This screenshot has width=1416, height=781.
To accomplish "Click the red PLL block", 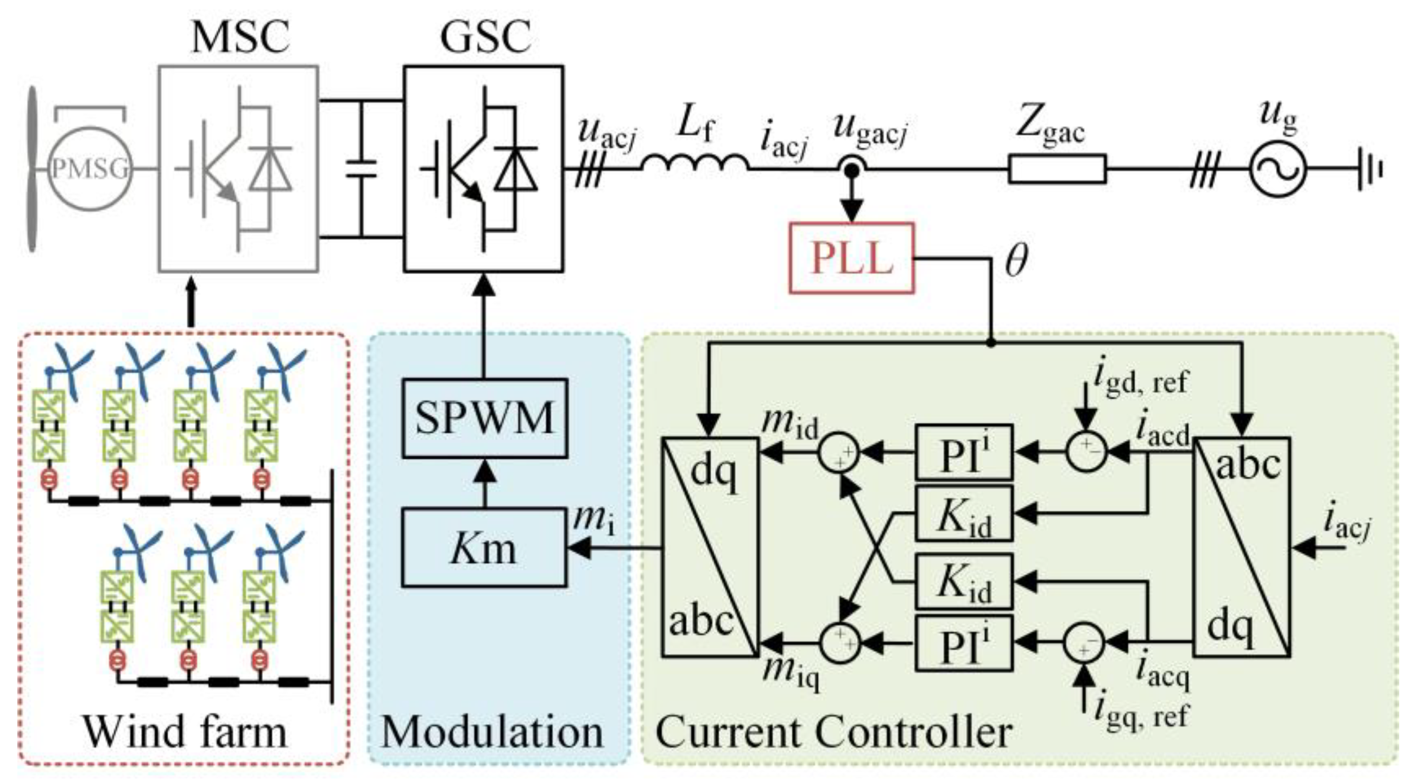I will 851,258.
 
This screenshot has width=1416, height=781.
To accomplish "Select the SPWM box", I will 484,418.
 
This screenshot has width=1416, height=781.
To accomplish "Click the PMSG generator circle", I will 90,169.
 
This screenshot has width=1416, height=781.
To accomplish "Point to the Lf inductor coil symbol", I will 695,163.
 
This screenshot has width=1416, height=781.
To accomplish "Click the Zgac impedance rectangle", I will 1057,169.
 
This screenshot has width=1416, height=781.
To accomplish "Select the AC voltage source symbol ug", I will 1277,169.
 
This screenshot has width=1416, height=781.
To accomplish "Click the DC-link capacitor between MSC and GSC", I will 361,169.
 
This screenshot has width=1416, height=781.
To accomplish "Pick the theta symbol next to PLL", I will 1016,262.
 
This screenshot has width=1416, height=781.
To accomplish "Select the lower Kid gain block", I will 964,581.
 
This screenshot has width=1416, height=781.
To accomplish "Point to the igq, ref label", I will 1141,714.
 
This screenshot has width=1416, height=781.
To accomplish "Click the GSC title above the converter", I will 485,37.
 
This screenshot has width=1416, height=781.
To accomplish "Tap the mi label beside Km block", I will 593,519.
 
